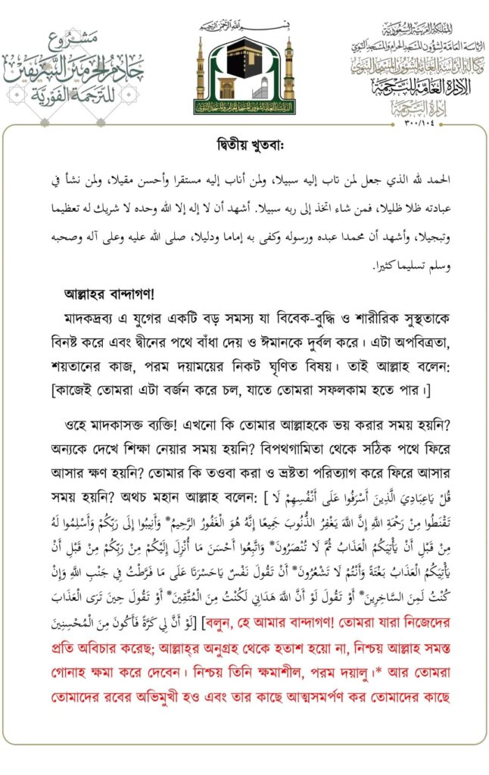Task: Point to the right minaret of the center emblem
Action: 288,72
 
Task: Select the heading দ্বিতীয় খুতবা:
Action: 244,146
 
